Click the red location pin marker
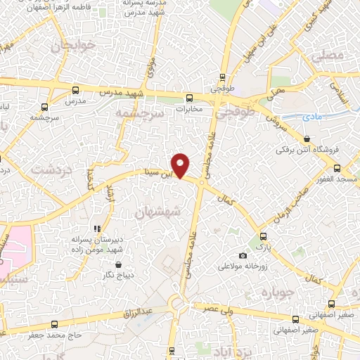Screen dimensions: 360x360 181,165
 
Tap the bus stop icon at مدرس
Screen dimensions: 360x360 75,90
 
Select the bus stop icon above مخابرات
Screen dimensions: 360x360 188,98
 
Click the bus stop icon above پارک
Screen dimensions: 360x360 263,236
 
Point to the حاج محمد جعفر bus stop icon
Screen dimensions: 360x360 55,324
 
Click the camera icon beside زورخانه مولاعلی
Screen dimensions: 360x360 243,255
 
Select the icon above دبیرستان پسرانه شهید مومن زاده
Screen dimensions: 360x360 98,229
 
